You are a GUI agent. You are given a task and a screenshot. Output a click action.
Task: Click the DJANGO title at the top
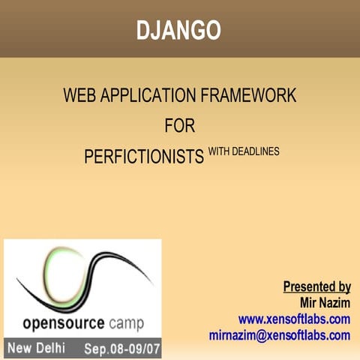pos(178,30)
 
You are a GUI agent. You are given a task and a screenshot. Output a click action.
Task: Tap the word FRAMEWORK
pos(253,96)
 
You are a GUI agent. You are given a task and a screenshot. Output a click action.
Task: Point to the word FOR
pos(179,125)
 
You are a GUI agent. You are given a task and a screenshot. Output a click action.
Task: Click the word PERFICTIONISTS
pos(144,157)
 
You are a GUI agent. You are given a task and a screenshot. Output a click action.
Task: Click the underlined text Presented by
pos(316,286)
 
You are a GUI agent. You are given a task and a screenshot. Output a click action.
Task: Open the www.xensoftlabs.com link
pos(294,319)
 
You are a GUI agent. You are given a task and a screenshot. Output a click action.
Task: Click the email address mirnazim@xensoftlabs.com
pos(280,335)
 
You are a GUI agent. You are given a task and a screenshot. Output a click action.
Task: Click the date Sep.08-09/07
pos(119,349)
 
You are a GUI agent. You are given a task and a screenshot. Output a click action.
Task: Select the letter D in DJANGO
pos(143,30)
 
